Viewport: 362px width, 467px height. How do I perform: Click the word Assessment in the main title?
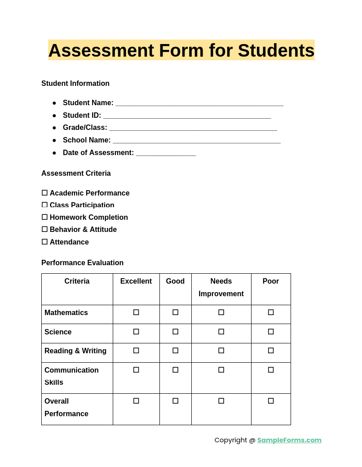101,50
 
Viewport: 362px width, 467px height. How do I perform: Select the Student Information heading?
75,84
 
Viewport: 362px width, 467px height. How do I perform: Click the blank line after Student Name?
199,103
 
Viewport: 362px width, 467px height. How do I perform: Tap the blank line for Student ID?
187,116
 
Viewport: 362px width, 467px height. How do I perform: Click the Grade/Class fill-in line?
193,128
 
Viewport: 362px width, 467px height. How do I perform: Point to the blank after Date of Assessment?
166,153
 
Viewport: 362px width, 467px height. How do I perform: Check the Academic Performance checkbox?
44,193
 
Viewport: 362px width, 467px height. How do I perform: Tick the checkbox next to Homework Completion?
44,217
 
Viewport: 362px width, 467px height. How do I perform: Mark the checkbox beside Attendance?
44,242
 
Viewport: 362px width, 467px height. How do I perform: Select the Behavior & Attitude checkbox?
44,229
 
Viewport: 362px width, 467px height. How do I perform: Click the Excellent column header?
136,281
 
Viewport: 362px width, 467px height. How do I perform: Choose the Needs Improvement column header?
221,288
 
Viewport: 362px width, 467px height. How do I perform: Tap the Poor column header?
271,281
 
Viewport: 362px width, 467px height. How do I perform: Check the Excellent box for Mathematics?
136,312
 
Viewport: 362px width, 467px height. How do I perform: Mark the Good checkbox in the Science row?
175,332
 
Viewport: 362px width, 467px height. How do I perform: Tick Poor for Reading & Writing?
271,351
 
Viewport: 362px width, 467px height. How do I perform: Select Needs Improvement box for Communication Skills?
221,370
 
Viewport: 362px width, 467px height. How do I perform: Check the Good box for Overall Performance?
175,401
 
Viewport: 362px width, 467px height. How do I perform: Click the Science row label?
58,332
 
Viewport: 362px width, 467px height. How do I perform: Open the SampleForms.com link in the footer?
289,440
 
